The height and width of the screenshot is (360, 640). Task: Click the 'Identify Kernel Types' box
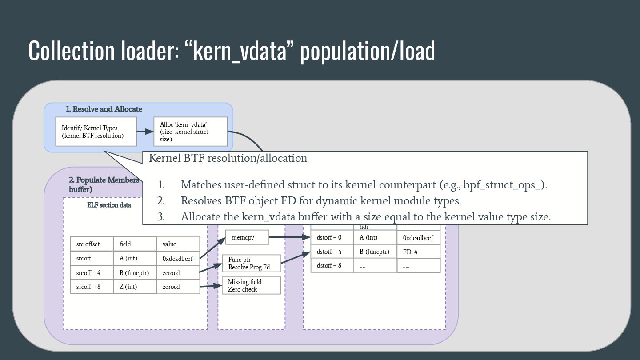96,132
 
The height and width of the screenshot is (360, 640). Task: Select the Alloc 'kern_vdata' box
190,132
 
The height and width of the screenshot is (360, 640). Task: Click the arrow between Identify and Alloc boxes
145,132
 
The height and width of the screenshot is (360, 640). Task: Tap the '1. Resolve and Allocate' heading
104,109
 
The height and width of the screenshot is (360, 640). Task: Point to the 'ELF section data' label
109,205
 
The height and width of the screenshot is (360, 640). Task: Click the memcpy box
247,237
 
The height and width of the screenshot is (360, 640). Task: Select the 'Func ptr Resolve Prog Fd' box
251,263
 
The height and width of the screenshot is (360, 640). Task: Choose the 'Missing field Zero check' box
251,285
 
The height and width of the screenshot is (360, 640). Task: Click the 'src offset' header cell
92,244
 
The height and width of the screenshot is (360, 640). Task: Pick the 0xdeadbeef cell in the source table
178,258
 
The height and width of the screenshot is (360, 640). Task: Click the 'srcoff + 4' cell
92,272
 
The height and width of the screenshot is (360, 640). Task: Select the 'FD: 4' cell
418,252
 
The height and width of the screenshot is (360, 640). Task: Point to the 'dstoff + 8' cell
332,265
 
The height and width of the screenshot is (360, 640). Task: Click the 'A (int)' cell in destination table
375,237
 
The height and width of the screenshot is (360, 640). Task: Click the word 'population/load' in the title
367,51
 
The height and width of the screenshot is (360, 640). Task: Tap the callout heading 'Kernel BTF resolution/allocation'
228,158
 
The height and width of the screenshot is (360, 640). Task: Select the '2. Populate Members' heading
104,180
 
